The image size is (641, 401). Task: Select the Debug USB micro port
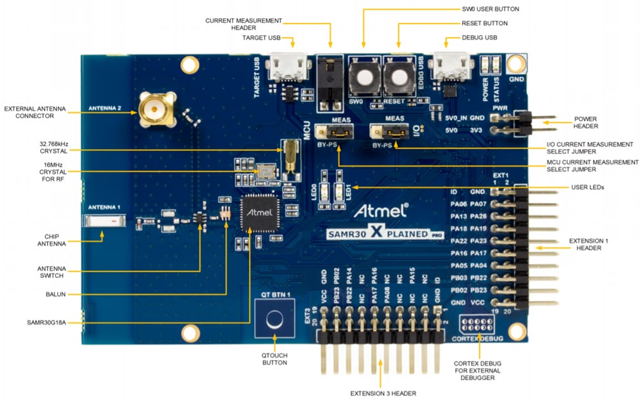point(449,67)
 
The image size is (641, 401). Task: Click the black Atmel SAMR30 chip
point(260,215)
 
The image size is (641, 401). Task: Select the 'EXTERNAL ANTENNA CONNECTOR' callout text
point(35,113)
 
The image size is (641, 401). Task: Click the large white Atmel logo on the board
point(379,210)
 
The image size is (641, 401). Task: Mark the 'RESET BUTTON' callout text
point(485,23)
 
